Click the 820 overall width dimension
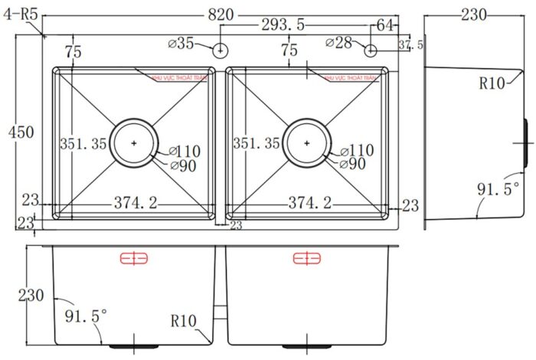pyautogui.click(x=221, y=13)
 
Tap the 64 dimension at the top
pyautogui.click(x=385, y=25)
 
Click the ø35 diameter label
pyautogui.click(x=181, y=44)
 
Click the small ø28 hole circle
pyautogui.click(x=371, y=51)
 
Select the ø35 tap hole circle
pyautogui.click(x=220, y=51)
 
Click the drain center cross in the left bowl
pyautogui.click(x=135, y=142)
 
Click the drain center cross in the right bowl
pyautogui.click(x=306, y=142)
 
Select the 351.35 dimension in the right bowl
pyautogui.click(x=257, y=143)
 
